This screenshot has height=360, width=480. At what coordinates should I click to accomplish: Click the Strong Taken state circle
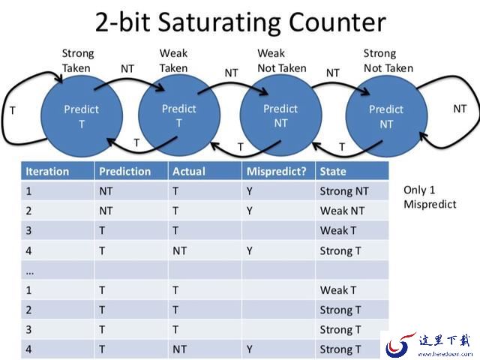click(x=82, y=116)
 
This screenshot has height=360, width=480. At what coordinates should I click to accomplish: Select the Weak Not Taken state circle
click(x=280, y=115)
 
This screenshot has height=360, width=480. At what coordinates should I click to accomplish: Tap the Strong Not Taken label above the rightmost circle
click(x=388, y=61)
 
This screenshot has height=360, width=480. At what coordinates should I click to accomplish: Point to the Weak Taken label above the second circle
click(x=173, y=61)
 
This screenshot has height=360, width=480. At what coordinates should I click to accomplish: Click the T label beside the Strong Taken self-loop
click(x=13, y=110)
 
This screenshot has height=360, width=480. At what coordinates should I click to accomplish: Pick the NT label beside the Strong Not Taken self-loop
click(x=460, y=109)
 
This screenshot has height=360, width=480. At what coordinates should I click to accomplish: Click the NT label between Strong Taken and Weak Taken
click(x=127, y=69)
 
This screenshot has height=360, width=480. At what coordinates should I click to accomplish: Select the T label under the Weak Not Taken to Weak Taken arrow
click(x=241, y=147)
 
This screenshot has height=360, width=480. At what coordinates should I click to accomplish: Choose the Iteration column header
click(x=47, y=171)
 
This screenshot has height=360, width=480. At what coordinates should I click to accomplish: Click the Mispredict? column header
click(x=277, y=171)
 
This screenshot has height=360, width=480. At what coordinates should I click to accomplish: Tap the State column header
click(x=333, y=171)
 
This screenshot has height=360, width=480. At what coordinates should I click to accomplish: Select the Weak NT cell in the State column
click(x=342, y=211)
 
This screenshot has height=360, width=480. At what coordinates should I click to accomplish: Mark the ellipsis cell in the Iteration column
click(x=30, y=271)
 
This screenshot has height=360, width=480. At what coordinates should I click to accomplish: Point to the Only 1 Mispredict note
click(x=430, y=197)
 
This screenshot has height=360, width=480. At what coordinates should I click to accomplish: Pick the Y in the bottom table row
click(x=250, y=349)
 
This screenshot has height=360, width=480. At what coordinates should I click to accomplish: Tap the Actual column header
click(x=189, y=171)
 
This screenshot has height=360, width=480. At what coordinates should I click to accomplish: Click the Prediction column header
click(x=125, y=171)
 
